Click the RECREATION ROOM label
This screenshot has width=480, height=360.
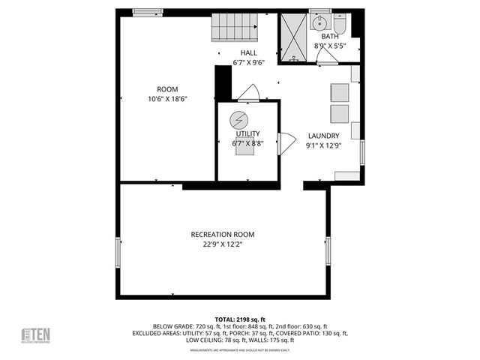223,234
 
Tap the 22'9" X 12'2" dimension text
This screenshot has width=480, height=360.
223,244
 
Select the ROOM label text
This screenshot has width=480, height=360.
167,89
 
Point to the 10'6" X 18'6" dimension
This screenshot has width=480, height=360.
167,99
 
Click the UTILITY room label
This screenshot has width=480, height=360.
247,133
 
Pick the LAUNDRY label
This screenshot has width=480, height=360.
323,136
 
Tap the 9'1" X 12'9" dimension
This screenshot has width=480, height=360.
323,146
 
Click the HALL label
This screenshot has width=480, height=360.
248,52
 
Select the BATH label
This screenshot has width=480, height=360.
330,36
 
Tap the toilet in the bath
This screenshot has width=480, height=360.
339,25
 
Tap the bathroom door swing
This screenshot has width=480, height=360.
327,57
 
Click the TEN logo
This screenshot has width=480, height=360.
35,334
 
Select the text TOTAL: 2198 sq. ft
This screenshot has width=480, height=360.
240,319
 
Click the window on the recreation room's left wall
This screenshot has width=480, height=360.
117,252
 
